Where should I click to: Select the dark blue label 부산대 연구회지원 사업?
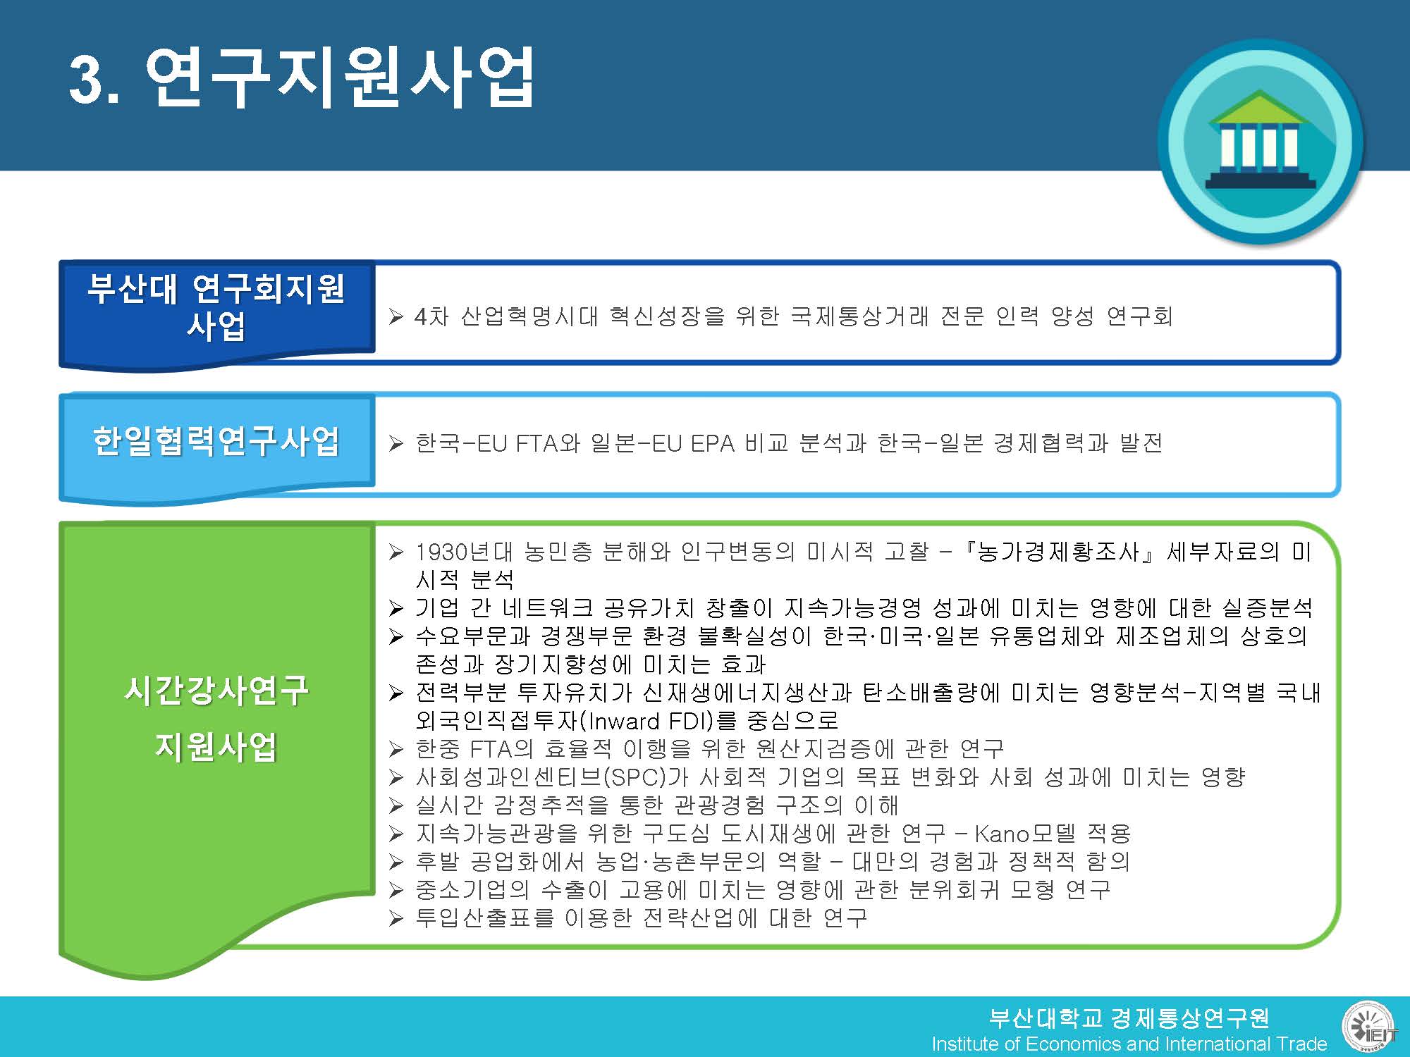coord(216,307)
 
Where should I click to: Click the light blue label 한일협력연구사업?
coord(216,441)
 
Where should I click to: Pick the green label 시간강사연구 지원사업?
coord(216,718)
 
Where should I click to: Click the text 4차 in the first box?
coord(431,316)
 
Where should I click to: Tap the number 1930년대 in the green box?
coord(464,552)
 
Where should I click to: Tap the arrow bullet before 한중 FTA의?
coord(396,749)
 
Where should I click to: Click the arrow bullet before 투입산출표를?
coord(396,918)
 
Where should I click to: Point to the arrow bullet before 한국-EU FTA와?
coord(396,444)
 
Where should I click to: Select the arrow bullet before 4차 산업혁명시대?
coord(396,317)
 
